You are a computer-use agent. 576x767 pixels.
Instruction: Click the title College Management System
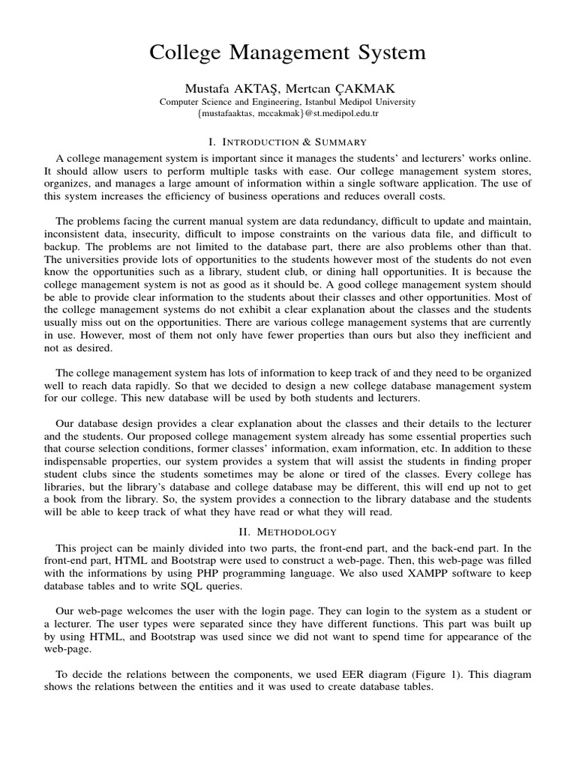[x=287, y=52]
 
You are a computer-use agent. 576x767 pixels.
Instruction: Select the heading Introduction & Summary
[x=287, y=142]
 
